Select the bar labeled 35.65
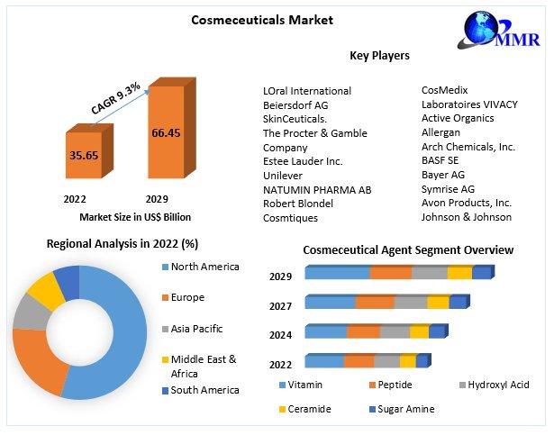coord(84,155)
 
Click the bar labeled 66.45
coord(166,132)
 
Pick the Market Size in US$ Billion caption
coord(135,217)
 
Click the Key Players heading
coord(379,56)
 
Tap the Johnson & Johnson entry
coord(467,217)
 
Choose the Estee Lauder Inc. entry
coord(303,161)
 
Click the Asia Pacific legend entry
coord(195,329)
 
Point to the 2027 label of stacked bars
coord(280,306)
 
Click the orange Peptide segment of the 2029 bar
coord(390,273)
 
